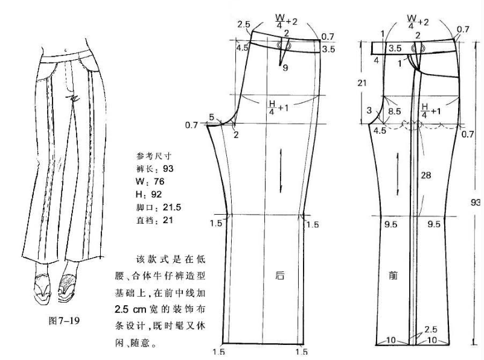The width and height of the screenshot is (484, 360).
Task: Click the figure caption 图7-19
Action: pos(64,321)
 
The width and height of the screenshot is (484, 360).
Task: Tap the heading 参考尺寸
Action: pos(153,156)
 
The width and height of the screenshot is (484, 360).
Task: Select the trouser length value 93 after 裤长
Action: pos(168,169)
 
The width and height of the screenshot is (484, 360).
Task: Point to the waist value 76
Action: pos(159,182)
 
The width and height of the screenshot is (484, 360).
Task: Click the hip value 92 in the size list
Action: pos(156,194)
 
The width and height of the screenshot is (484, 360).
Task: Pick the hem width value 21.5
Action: pos(171,207)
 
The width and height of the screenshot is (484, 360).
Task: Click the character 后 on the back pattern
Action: pos(279,275)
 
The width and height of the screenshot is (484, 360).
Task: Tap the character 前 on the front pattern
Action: pos(393,275)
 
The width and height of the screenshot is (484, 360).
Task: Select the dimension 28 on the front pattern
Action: pos(425,175)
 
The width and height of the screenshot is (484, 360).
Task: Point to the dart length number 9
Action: pos(285,68)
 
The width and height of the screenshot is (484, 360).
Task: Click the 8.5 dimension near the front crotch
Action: pos(394,111)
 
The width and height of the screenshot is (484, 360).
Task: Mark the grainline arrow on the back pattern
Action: pos(281,171)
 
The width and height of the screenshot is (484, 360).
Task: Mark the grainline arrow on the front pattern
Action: pos(398,174)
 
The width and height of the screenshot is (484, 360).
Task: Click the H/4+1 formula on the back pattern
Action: pos(278,107)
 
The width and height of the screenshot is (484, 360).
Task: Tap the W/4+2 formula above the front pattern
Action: pos(418,22)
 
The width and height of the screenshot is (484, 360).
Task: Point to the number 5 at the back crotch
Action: pos(211,117)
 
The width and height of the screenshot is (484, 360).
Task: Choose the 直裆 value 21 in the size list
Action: pos(168,220)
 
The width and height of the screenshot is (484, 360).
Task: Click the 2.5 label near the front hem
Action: pos(430,329)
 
